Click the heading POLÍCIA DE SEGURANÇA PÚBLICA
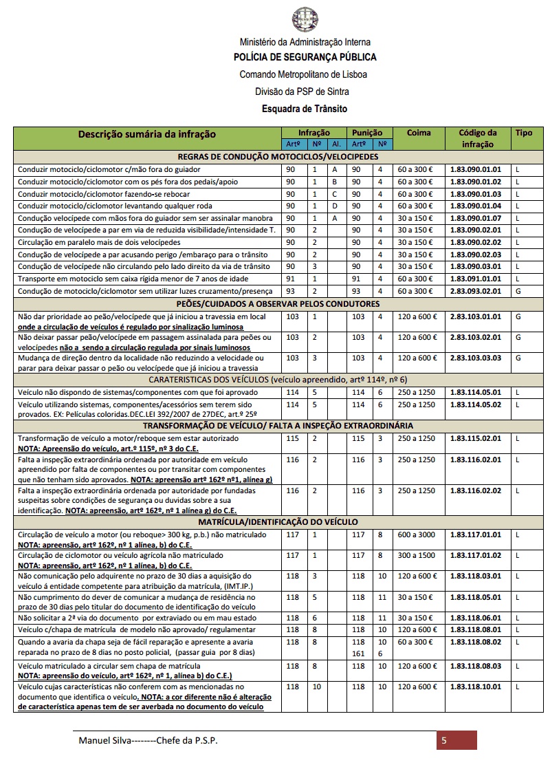coord(305,57)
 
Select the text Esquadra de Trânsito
coord(305,109)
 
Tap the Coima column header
coord(419,133)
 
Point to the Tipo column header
coord(524,133)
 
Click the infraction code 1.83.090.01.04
coord(476,206)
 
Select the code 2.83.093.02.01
coord(476,292)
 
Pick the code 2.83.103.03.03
coord(476,358)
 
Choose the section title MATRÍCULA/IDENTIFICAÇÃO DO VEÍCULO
coord(278,523)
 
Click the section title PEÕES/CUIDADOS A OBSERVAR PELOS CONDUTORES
coord(278,304)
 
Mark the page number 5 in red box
coord(445,740)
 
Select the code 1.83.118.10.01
coord(476,687)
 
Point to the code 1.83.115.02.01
coord(476,438)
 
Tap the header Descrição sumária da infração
coord(146,134)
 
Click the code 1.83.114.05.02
coord(476,405)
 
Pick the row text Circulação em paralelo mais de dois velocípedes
coord(100,242)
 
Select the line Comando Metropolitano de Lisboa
coord(303,74)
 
